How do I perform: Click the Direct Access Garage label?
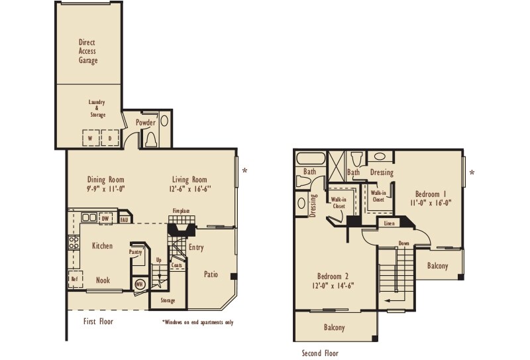coord(87,51)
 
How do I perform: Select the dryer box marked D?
coord(110,138)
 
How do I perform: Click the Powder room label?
coord(146,123)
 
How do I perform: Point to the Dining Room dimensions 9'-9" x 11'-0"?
coord(106,189)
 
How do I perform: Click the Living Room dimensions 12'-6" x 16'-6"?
coord(190,189)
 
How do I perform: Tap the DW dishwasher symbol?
coord(105,217)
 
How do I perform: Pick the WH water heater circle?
coord(140,284)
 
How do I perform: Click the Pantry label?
coord(137,253)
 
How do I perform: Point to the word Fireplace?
coord(181,211)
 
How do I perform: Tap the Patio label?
coord(211,273)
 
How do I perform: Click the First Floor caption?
coord(98,322)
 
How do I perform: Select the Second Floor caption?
coord(320,353)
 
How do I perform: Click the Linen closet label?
coord(390,223)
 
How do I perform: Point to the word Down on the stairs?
coord(404,243)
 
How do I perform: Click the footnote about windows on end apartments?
coord(197,323)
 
